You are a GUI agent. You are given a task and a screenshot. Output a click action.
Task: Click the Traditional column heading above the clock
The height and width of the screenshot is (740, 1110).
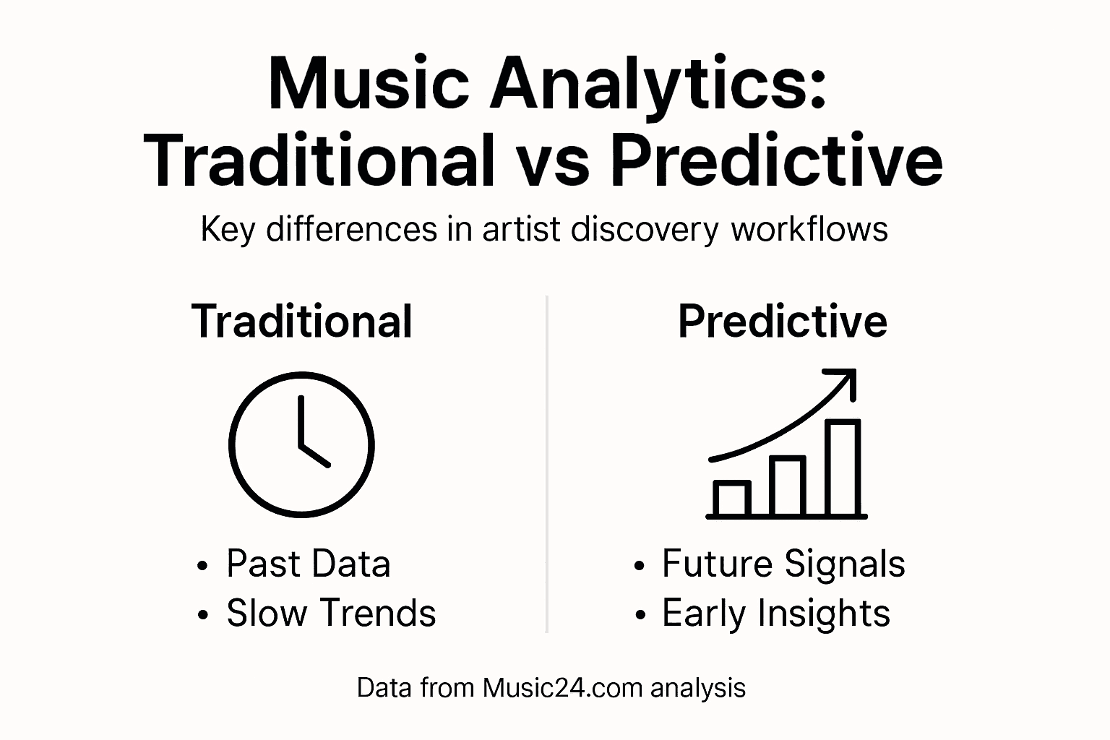pos(302,322)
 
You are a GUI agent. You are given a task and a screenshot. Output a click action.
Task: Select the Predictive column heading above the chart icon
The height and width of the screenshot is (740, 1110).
pos(782,322)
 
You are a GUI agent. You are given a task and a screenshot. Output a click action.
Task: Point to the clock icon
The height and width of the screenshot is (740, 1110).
pos(301,445)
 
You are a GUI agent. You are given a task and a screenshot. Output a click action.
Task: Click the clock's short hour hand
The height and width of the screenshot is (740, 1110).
pos(315,455)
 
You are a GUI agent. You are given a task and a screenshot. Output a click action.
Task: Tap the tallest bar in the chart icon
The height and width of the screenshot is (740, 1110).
pos(843,468)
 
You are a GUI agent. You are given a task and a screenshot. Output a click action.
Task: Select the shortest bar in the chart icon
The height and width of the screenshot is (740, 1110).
pos(731,499)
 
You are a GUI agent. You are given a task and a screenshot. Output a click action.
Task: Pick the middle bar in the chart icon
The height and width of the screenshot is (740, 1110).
pos(787,486)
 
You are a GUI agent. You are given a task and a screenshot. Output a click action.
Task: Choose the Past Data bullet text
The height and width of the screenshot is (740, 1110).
pos(308,564)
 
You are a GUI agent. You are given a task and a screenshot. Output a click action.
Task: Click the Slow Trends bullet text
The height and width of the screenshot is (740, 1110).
pos(331,613)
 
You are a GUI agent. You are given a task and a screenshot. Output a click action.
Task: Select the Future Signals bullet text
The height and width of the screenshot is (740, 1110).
pos(783,564)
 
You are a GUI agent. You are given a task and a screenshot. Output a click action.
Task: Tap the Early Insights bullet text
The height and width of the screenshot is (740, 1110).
pos(775,614)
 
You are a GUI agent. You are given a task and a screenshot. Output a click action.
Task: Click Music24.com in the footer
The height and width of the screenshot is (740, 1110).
pos(563,687)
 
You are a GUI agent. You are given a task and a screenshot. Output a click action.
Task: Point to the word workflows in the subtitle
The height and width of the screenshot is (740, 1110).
pos(809,230)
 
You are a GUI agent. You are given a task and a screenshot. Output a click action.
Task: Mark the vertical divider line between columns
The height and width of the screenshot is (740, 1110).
pos(547,462)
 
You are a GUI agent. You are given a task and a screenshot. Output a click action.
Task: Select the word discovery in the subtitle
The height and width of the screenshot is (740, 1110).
pos(645,230)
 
